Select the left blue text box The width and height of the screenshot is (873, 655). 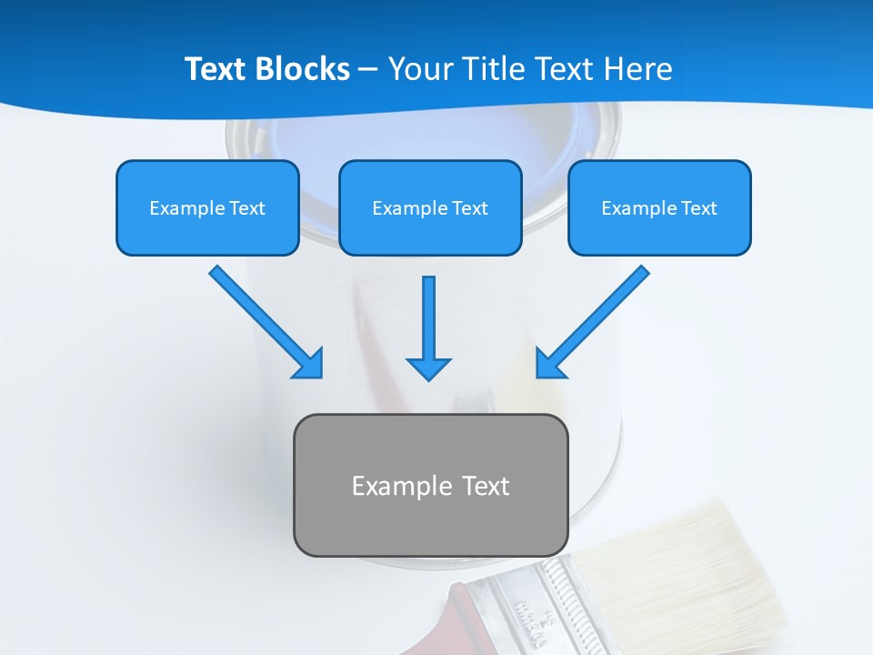[207, 207]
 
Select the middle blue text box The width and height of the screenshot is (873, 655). [430, 207]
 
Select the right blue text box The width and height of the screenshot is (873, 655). [659, 207]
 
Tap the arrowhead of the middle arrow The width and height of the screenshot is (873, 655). [428, 368]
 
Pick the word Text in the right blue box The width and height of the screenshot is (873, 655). [698, 208]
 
